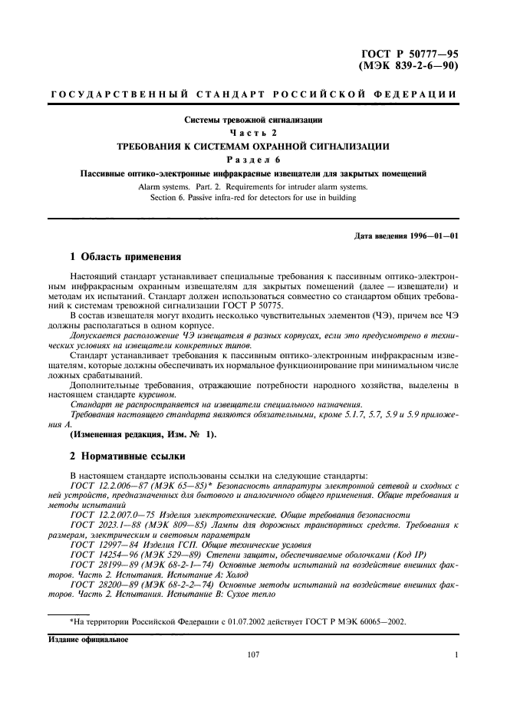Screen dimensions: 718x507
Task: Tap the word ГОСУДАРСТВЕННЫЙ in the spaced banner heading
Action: (x=119, y=95)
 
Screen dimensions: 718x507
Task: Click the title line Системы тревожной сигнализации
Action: (x=253, y=120)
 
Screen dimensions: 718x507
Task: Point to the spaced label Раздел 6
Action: (x=253, y=159)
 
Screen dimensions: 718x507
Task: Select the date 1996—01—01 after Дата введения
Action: (x=433, y=235)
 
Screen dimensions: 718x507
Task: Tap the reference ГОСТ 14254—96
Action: (x=102, y=553)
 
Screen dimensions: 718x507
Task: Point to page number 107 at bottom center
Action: (x=254, y=654)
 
